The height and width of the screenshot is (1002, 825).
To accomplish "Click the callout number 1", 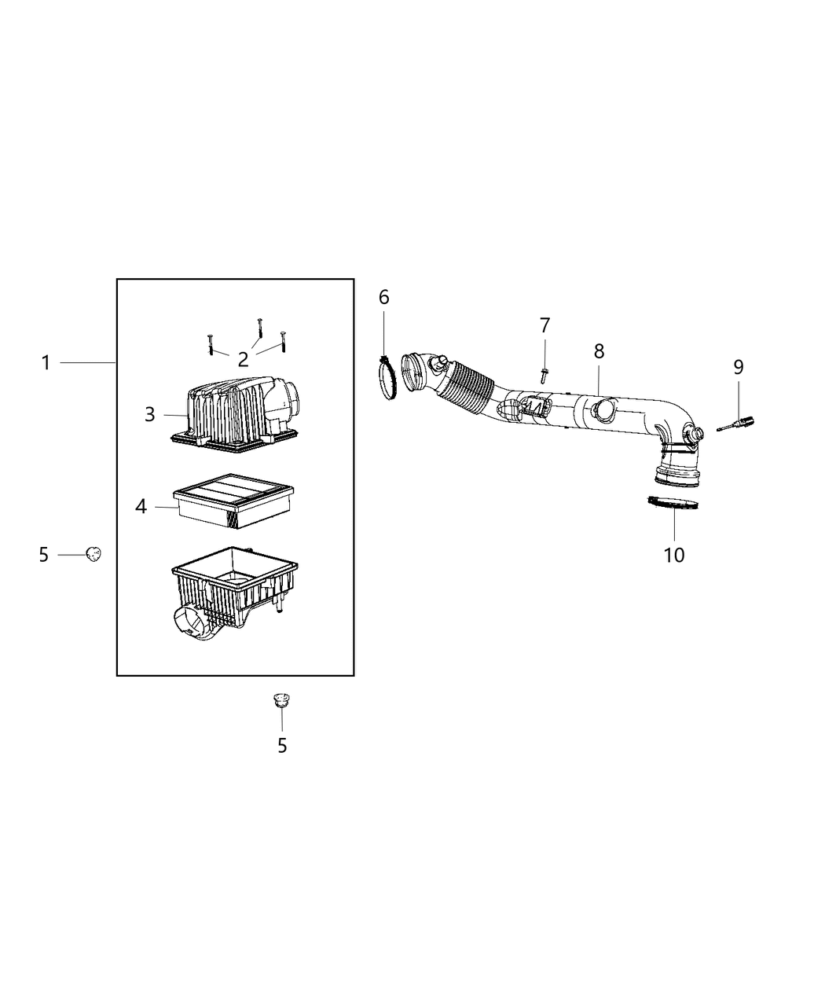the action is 46,363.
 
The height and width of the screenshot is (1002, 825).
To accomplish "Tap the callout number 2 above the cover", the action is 244,359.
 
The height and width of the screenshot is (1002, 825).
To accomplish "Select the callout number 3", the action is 150,415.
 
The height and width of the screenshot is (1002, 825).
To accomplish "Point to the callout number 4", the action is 141,506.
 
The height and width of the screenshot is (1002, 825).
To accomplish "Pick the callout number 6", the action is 384,297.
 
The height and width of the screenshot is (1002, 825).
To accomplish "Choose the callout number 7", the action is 544,325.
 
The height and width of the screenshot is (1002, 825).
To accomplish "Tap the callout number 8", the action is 599,351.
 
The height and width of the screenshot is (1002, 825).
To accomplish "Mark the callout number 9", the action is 739,367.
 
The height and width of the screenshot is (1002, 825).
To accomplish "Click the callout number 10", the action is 674,556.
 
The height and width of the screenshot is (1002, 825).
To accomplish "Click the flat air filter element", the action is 233,501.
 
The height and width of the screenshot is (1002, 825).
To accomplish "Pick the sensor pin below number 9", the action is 735,424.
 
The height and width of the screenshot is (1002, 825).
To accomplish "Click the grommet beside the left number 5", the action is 93,554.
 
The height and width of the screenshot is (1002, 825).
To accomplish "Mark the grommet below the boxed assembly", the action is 282,700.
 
